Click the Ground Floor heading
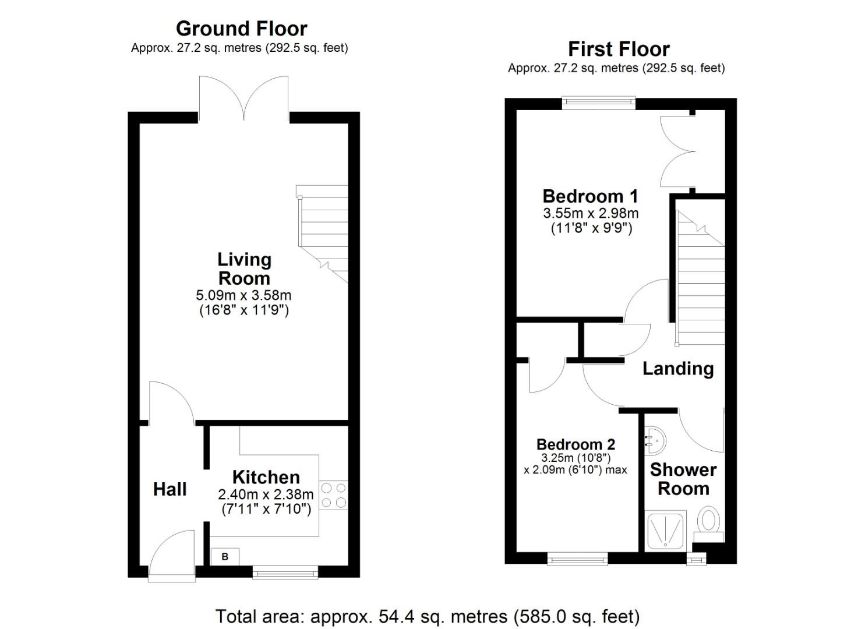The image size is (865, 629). point(241,29)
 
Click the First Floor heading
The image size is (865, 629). point(619,49)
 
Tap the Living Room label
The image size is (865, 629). point(244,268)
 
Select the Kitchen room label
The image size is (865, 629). point(266,477)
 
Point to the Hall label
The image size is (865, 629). point(170,489)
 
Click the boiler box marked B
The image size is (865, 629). point(225,557)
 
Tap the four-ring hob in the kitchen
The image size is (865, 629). point(334,495)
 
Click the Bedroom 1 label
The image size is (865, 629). point(590,196)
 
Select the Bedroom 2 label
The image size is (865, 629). point(576,445)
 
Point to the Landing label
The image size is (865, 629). point(677,369)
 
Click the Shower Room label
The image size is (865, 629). point(683,479)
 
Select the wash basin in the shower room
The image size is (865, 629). point(655,440)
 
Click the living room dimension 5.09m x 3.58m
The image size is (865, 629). point(244,296)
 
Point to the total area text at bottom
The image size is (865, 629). point(428,616)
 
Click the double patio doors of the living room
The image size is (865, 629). point(244,99)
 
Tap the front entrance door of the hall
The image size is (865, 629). point(172,556)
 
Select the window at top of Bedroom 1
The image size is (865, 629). point(599,103)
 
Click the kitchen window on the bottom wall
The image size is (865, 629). point(285,573)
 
